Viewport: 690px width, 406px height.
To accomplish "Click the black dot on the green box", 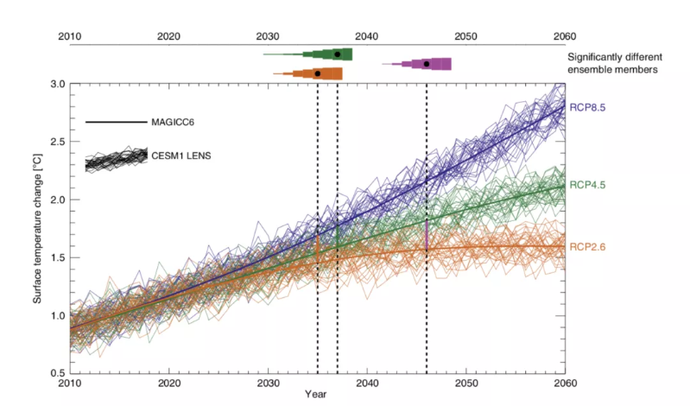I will click(x=337, y=54).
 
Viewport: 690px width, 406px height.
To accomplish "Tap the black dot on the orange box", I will click(x=318, y=73).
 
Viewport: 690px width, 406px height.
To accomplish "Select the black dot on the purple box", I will click(x=427, y=64).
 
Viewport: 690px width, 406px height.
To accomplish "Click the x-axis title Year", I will click(x=316, y=394).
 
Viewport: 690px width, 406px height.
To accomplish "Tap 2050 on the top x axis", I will click(x=465, y=36).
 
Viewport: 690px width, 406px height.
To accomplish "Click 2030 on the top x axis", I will click(x=268, y=36).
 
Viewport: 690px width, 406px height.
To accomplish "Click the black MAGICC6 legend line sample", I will click(x=117, y=123).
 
